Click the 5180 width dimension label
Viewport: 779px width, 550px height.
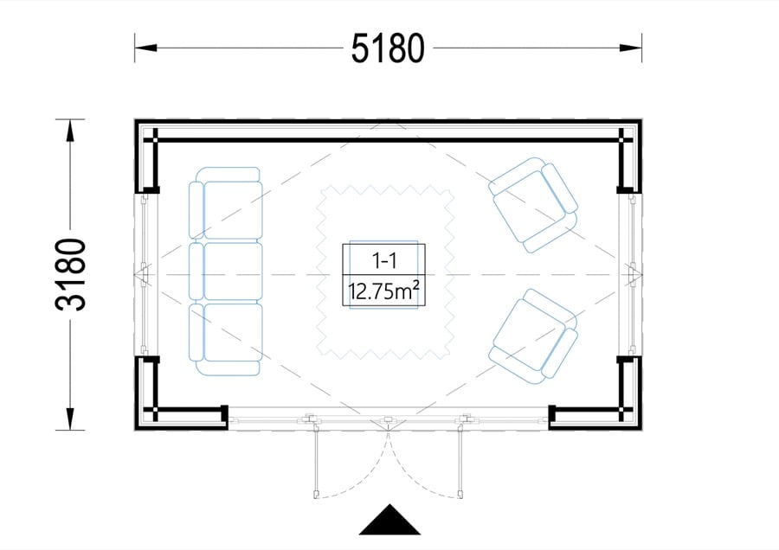(x=388, y=48)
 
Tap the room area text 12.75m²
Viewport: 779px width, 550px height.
(x=383, y=291)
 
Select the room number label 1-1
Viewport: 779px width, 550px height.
(x=383, y=260)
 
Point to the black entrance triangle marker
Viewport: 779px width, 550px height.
(x=389, y=521)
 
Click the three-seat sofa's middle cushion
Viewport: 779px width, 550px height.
(x=233, y=271)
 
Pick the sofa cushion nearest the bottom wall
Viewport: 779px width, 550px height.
(x=233, y=332)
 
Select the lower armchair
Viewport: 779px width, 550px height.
(x=533, y=337)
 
